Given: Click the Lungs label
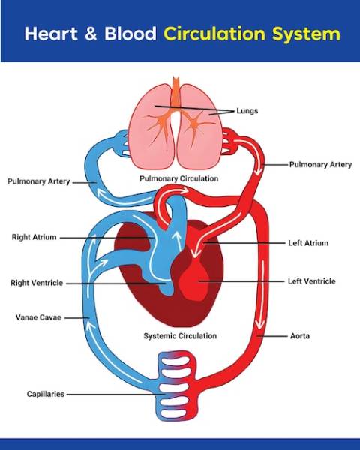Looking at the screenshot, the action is coord(247,111).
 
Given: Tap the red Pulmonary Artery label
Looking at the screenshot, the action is coord(320,165).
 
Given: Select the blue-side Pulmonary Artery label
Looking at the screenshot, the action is coord(39,181).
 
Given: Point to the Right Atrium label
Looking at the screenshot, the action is coord(34,237).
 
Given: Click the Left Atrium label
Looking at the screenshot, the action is coord(308,243).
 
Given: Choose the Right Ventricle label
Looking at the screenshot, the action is coord(37,283).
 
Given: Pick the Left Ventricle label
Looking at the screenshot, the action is coord(312,281).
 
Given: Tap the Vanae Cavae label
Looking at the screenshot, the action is coord(38,317).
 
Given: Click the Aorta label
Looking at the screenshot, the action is coord(300,336).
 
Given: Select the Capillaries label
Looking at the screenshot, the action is coord(45,394).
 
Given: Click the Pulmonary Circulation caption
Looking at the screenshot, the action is coord(178,178).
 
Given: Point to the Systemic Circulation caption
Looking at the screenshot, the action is coord(180,336).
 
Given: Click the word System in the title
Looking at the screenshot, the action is coord(306,34).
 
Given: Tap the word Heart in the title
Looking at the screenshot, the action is coord(51,34).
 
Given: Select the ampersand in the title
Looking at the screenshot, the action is coord(91,34).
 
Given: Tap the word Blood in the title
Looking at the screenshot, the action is coord(130,34).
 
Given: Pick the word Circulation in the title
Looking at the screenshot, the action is coord(214,34).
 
